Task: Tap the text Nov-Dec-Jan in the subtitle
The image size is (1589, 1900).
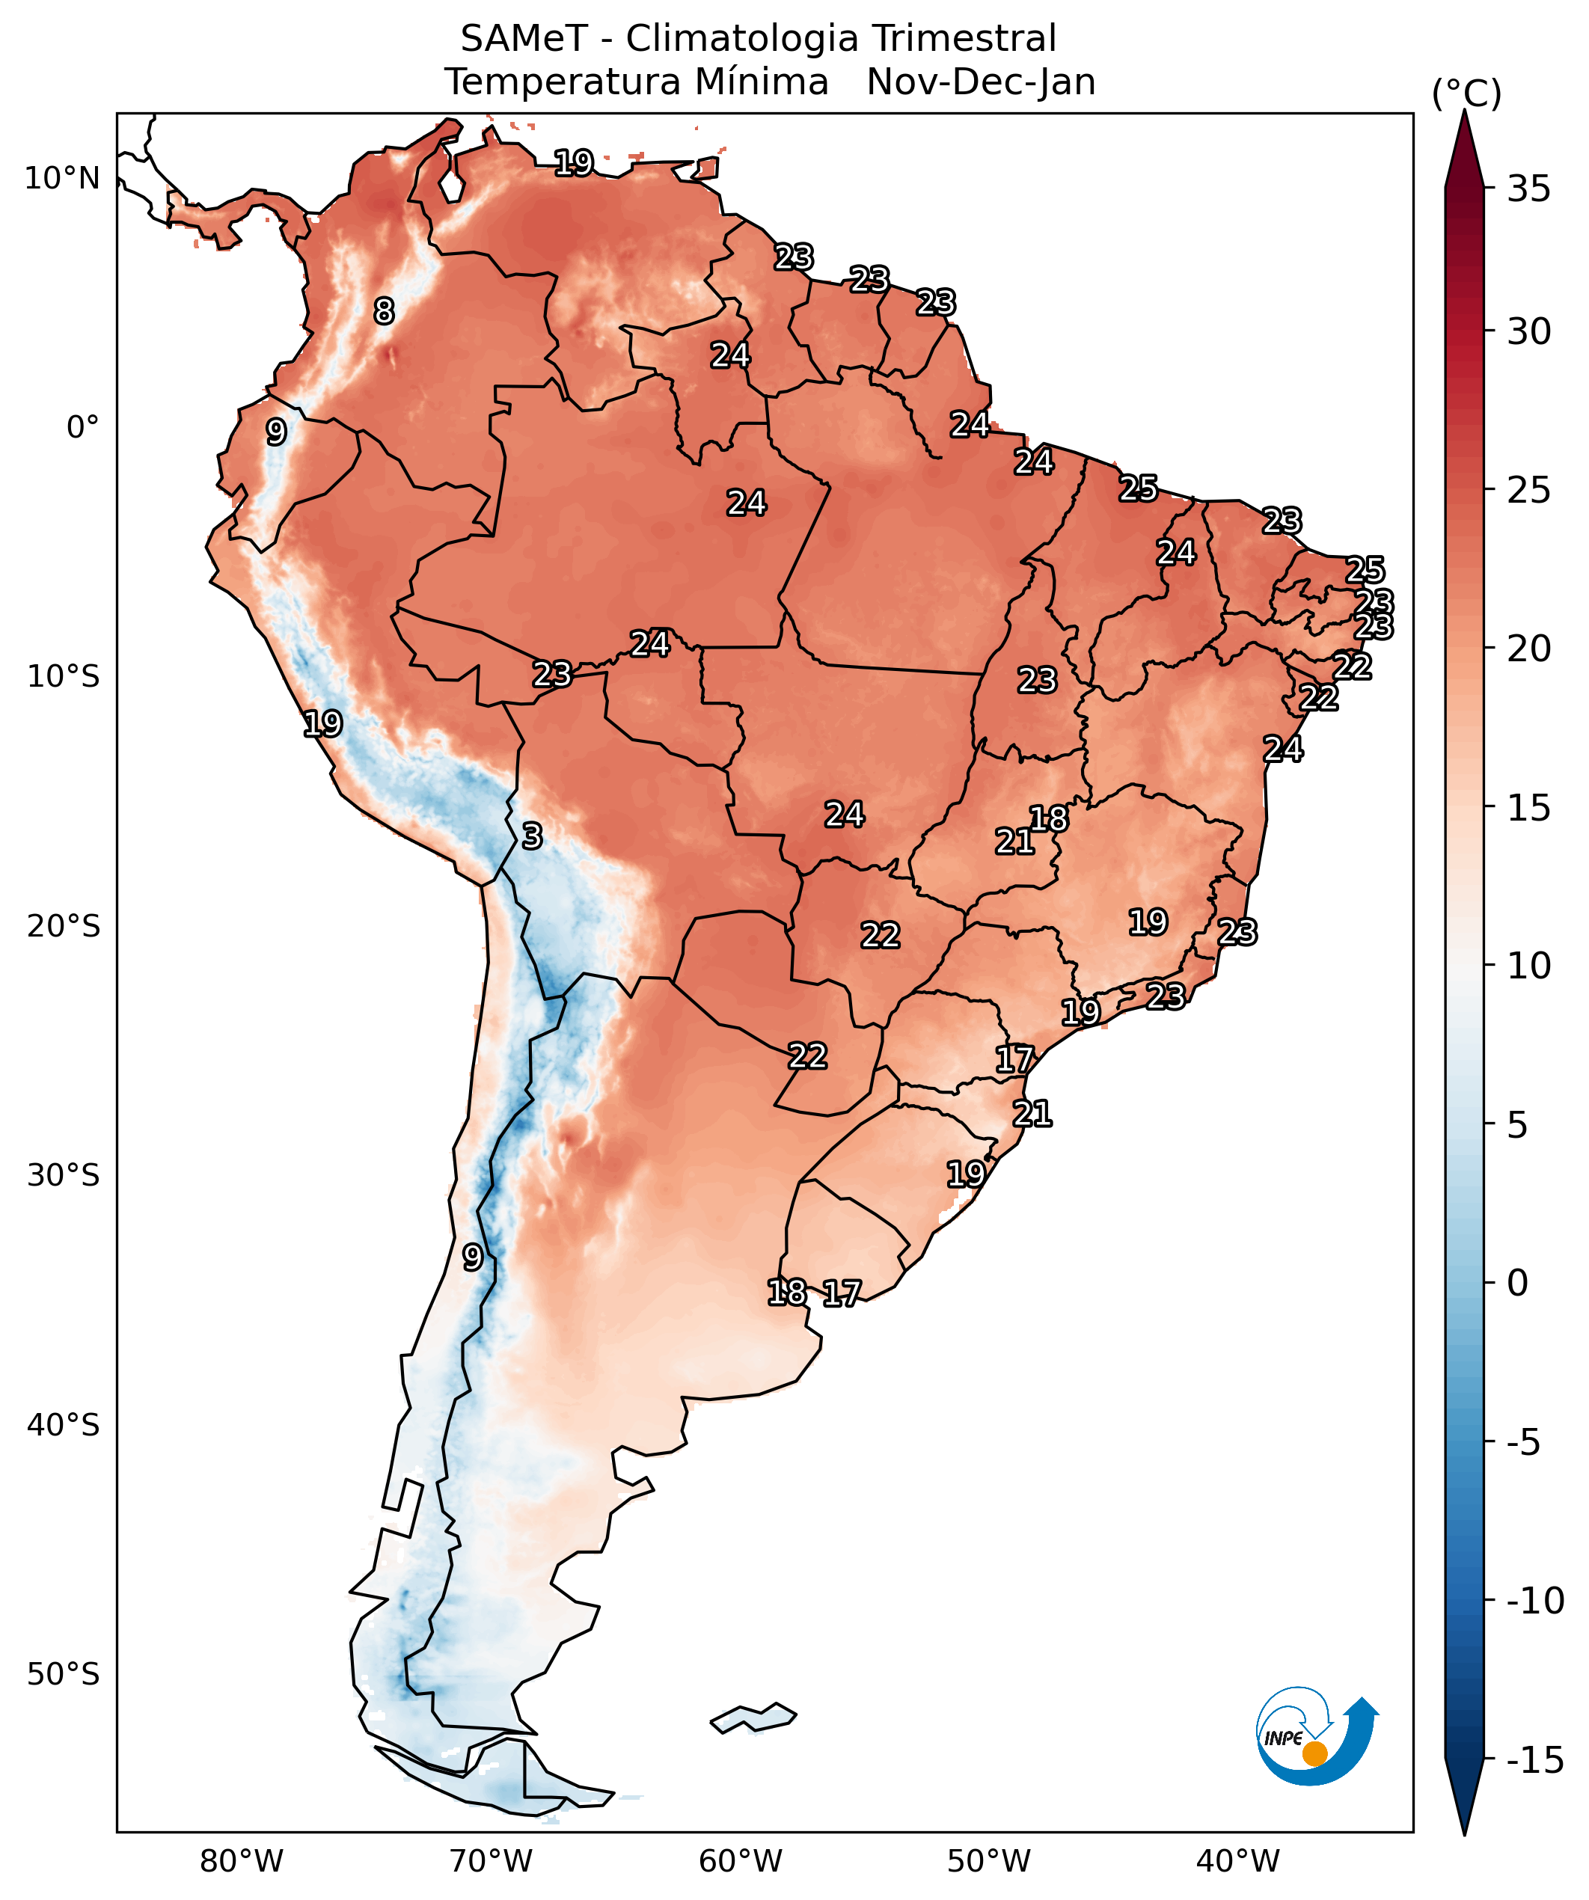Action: click(x=981, y=82)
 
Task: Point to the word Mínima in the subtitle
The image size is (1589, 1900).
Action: click(x=761, y=82)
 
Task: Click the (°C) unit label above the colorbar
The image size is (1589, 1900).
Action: click(x=1466, y=94)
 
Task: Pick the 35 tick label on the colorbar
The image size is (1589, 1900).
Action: click(x=1528, y=190)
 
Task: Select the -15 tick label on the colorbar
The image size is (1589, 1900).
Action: click(x=1534, y=1760)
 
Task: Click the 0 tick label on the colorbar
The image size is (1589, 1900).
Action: click(x=1517, y=1283)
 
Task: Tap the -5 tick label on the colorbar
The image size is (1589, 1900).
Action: click(x=1523, y=1442)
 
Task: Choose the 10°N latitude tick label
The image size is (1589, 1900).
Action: click(x=61, y=178)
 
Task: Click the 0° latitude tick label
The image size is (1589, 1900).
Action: click(x=82, y=427)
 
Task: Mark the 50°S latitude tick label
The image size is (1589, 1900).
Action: click(x=62, y=1674)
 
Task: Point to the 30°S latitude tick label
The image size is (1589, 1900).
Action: click(x=62, y=1175)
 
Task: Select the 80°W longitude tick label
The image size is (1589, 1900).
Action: click(x=242, y=1861)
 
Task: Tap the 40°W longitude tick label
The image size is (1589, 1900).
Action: click(x=1238, y=1861)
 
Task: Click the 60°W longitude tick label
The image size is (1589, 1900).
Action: click(x=740, y=1861)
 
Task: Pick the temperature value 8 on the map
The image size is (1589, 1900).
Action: click(x=385, y=311)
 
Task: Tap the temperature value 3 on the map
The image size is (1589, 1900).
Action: click(x=532, y=836)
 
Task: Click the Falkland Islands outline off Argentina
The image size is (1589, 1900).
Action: click(x=754, y=1717)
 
